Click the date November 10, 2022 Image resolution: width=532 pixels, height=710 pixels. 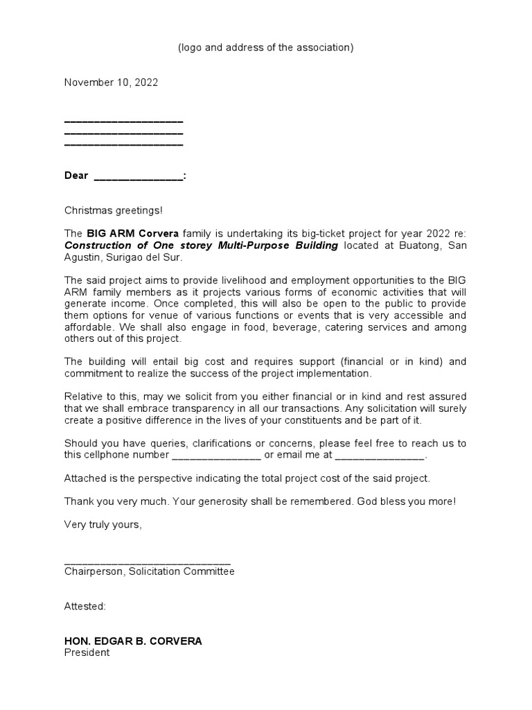pyautogui.click(x=111, y=83)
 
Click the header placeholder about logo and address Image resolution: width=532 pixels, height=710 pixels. pyautogui.click(x=266, y=47)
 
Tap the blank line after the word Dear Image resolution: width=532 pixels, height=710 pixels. pyautogui.click(x=139, y=176)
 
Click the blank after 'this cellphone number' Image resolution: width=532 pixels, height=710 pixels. pyautogui.click(x=215, y=456)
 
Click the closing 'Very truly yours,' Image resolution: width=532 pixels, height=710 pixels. pyautogui.click(x=103, y=525)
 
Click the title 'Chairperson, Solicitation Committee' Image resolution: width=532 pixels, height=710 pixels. pyautogui.click(x=150, y=572)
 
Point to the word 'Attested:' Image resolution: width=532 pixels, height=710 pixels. pyautogui.click(x=85, y=607)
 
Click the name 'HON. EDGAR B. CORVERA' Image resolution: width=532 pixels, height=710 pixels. pyautogui.click(x=133, y=641)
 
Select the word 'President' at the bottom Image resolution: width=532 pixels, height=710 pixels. pyautogui.click(x=87, y=653)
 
